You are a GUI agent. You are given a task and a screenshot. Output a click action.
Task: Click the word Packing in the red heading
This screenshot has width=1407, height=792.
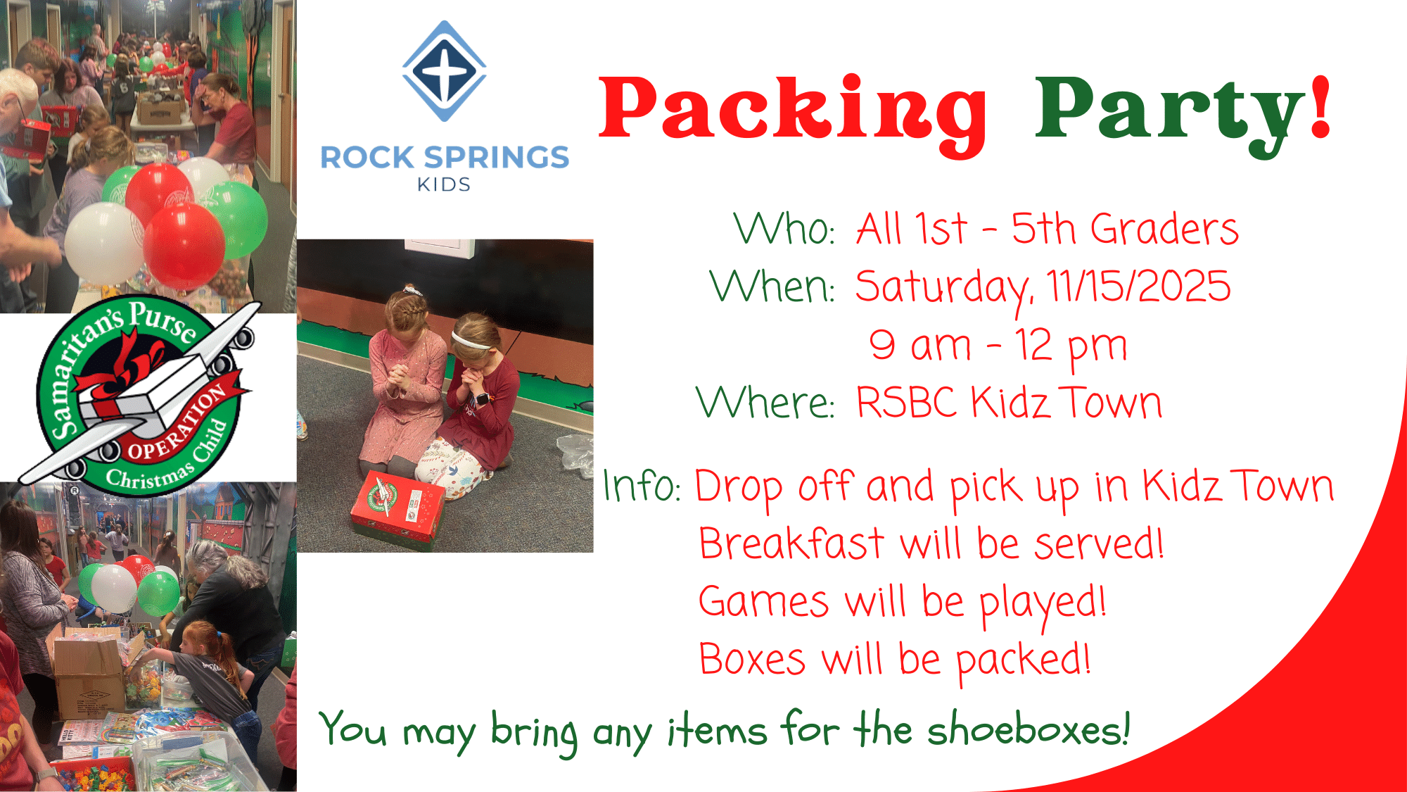(793, 113)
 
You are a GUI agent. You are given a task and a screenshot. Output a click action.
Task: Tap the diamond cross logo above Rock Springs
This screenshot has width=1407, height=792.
(444, 71)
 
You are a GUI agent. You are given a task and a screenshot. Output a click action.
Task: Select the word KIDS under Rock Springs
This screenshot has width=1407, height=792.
(443, 184)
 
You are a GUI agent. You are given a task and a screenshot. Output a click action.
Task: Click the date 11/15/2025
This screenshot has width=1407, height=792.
(1138, 286)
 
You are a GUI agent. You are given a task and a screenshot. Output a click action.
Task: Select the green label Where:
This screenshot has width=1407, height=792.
(765, 402)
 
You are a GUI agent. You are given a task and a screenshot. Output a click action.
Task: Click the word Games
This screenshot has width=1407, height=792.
(764, 602)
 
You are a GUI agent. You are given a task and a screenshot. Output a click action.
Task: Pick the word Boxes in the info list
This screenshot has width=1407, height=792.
(752, 660)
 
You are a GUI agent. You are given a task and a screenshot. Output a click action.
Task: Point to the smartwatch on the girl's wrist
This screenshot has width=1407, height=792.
(482, 398)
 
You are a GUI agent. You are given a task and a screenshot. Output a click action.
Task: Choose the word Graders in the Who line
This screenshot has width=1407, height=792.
(1165, 229)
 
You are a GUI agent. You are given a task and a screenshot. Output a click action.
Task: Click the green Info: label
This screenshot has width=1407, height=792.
(642, 486)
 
